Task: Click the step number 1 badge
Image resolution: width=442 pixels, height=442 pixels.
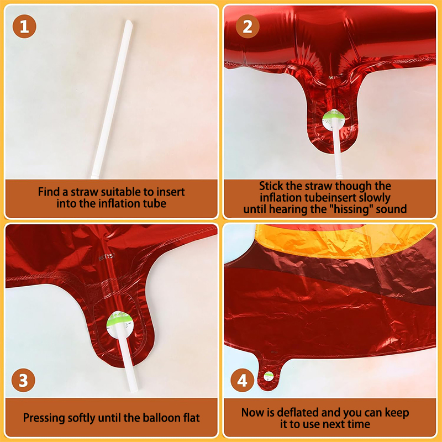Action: [x=24, y=27]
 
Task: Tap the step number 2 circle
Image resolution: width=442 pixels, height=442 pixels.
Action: [x=248, y=27]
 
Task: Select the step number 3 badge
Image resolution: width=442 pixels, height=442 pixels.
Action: [x=23, y=380]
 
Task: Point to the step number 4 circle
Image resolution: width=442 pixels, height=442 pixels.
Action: [x=243, y=380]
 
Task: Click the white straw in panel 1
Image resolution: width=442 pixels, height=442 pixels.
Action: [x=112, y=99]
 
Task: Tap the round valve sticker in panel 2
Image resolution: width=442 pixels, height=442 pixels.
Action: [x=334, y=120]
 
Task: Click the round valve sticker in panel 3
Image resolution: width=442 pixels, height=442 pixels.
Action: [x=119, y=325]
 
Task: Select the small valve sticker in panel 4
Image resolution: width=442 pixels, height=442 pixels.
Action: [x=269, y=376]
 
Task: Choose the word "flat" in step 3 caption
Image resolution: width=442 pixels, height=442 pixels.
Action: [x=191, y=418]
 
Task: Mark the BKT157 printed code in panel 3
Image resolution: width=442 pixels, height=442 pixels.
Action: [x=107, y=257]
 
